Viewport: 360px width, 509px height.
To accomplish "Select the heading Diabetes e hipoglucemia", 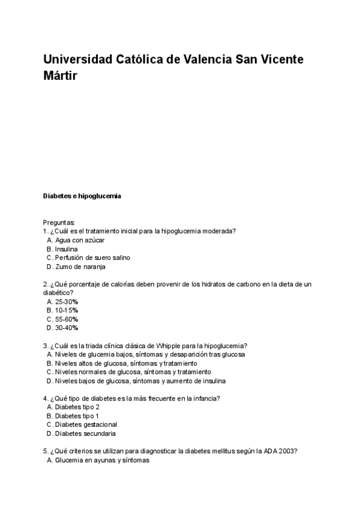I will pos(82,196).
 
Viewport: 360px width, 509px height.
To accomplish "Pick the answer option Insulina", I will pos(66,248).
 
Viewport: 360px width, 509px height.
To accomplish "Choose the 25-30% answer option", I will pos(67,301).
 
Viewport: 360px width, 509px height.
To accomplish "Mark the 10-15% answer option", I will pos(67,310).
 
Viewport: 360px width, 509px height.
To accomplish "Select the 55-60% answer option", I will pos(67,319).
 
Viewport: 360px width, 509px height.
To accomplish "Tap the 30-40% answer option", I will pos(67,328).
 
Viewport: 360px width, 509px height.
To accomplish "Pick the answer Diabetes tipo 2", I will pos(77,407).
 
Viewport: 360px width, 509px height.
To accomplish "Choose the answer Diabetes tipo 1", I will pos(77,415).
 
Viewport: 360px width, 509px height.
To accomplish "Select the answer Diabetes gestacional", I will pos(86,424).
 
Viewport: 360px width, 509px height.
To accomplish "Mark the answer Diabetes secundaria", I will pos(85,433).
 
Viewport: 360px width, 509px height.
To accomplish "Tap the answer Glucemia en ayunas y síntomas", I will pos(102,460).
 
